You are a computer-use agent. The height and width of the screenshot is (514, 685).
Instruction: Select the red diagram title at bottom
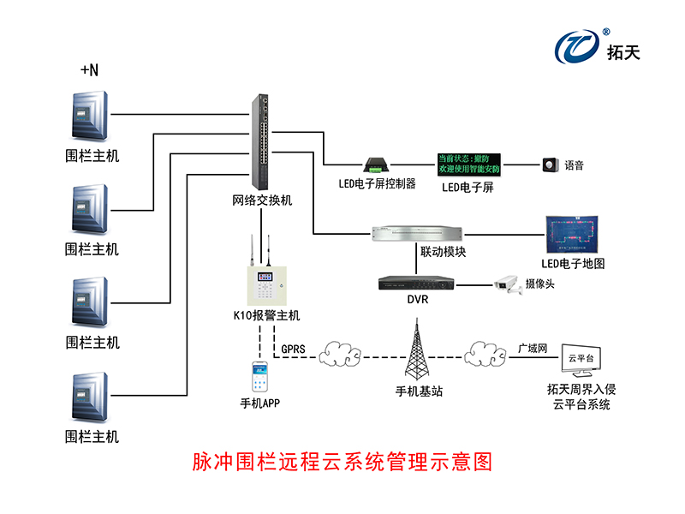point(342,463)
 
